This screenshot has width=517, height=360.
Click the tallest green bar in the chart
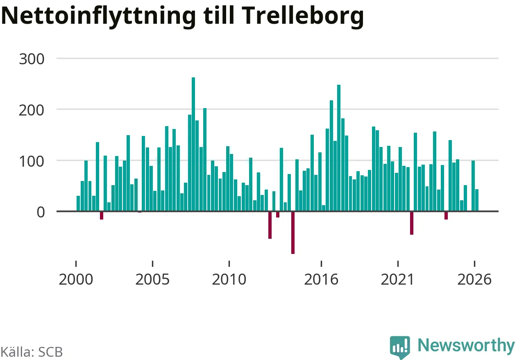tap(193, 144)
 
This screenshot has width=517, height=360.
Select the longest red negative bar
tap(293, 233)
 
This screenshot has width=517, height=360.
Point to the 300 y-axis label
tap(32, 59)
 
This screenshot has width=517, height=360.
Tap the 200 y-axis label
tap(32, 110)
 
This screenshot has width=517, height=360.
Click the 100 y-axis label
tap(32, 161)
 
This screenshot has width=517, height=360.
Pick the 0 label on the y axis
tap(41, 212)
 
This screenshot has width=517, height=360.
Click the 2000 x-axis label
tap(76, 279)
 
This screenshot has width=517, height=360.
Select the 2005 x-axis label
tap(152, 279)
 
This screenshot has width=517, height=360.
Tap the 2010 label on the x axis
tap(229, 279)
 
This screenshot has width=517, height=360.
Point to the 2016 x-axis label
tap(321, 279)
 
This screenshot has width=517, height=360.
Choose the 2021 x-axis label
tap(398, 279)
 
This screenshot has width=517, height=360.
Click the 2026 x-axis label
tap(474, 279)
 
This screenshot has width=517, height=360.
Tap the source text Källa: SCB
tap(32, 352)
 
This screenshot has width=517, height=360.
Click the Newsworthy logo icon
tap(400, 347)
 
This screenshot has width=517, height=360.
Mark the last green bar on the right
tap(477, 200)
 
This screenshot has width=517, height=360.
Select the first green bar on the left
tap(78, 203)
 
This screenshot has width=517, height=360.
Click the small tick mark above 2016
tap(321, 264)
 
